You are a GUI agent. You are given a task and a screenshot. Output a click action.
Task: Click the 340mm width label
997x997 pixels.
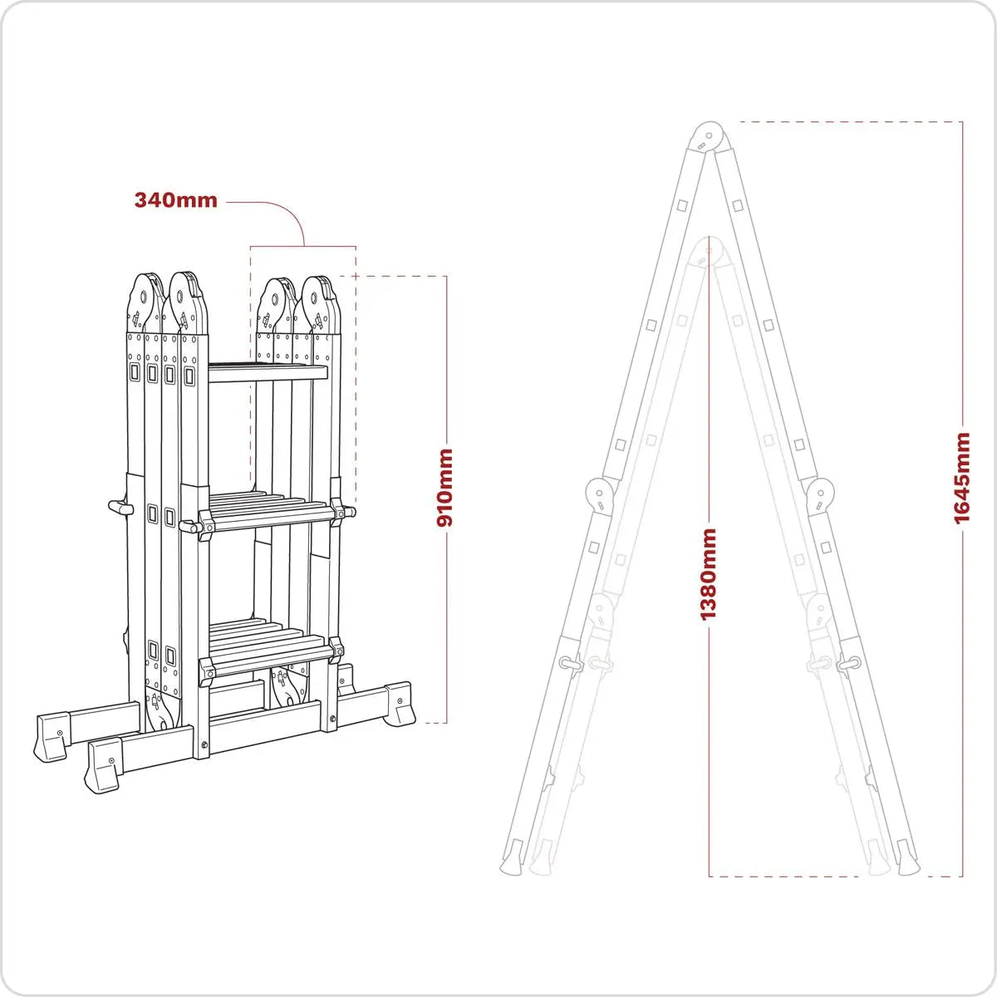click(175, 200)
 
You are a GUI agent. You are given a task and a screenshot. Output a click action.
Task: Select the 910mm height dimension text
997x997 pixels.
click(445, 487)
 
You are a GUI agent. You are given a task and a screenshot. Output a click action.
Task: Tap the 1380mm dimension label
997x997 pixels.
click(708, 574)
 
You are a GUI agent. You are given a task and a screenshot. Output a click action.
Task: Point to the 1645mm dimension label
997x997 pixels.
click(962, 478)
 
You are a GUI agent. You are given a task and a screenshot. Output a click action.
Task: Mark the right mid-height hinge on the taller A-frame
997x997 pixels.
click(820, 495)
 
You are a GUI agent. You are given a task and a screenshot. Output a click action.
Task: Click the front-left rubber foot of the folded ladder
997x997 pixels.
click(103, 764)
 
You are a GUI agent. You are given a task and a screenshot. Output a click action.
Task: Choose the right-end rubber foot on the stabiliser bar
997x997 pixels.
click(399, 704)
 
